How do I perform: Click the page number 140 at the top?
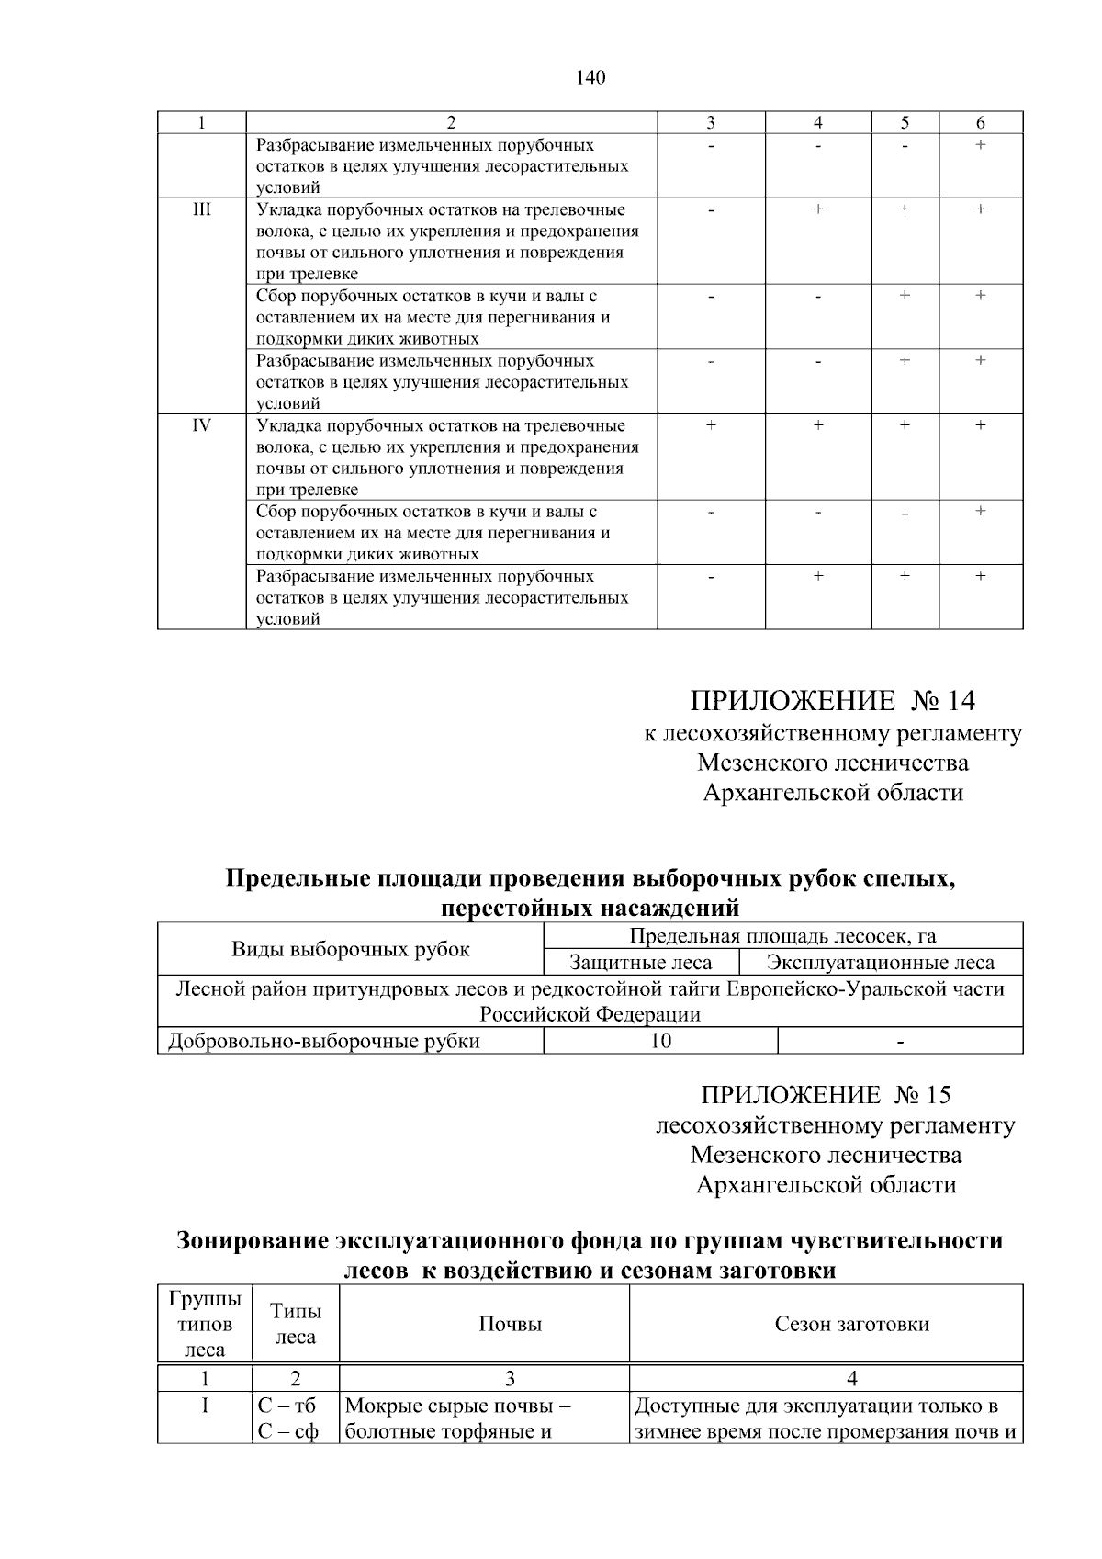(x=590, y=78)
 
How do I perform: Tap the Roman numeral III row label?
(x=201, y=209)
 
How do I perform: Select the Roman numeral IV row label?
(x=201, y=425)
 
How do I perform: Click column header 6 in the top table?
(x=980, y=122)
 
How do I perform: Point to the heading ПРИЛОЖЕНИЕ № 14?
(x=832, y=702)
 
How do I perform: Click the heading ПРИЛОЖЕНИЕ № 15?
(x=826, y=1095)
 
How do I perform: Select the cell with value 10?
(x=660, y=1041)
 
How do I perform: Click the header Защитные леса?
(x=641, y=963)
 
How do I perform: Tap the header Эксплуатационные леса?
(x=881, y=963)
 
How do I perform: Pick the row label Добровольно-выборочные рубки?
(x=324, y=1041)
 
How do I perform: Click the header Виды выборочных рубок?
(x=350, y=950)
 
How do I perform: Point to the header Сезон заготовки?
(x=851, y=1324)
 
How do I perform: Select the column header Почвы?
(x=510, y=1324)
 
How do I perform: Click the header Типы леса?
(x=296, y=1324)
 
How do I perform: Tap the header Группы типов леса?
(x=205, y=1324)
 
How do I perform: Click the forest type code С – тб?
(x=287, y=1406)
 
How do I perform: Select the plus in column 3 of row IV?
(x=711, y=425)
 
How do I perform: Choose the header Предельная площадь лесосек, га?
(x=782, y=936)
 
